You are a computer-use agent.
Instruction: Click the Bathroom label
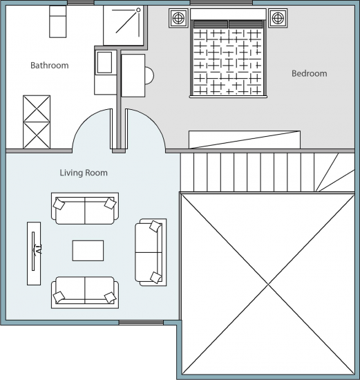(x=50, y=66)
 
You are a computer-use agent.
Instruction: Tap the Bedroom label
(x=309, y=73)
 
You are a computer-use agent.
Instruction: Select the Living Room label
(x=84, y=173)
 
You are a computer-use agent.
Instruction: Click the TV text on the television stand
(x=39, y=249)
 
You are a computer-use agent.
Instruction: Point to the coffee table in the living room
(x=88, y=251)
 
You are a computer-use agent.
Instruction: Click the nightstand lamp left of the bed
(x=178, y=18)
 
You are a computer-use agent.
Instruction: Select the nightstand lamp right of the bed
(x=278, y=18)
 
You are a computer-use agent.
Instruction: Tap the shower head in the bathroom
(x=138, y=10)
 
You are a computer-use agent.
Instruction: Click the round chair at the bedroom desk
(x=149, y=75)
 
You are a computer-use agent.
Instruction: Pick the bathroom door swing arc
(x=82, y=122)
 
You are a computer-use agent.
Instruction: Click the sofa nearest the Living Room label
(x=85, y=209)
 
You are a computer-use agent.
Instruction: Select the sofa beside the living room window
(x=85, y=292)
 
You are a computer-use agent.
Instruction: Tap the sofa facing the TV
(x=151, y=252)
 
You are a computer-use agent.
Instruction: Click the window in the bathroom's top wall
(x=80, y=3)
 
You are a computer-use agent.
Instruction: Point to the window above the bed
(x=221, y=3)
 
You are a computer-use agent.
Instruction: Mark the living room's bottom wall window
(x=141, y=323)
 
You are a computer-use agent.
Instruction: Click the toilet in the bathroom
(x=58, y=21)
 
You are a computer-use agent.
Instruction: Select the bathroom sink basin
(x=104, y=62)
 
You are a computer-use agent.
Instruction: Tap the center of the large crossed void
(x=268, y=285)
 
